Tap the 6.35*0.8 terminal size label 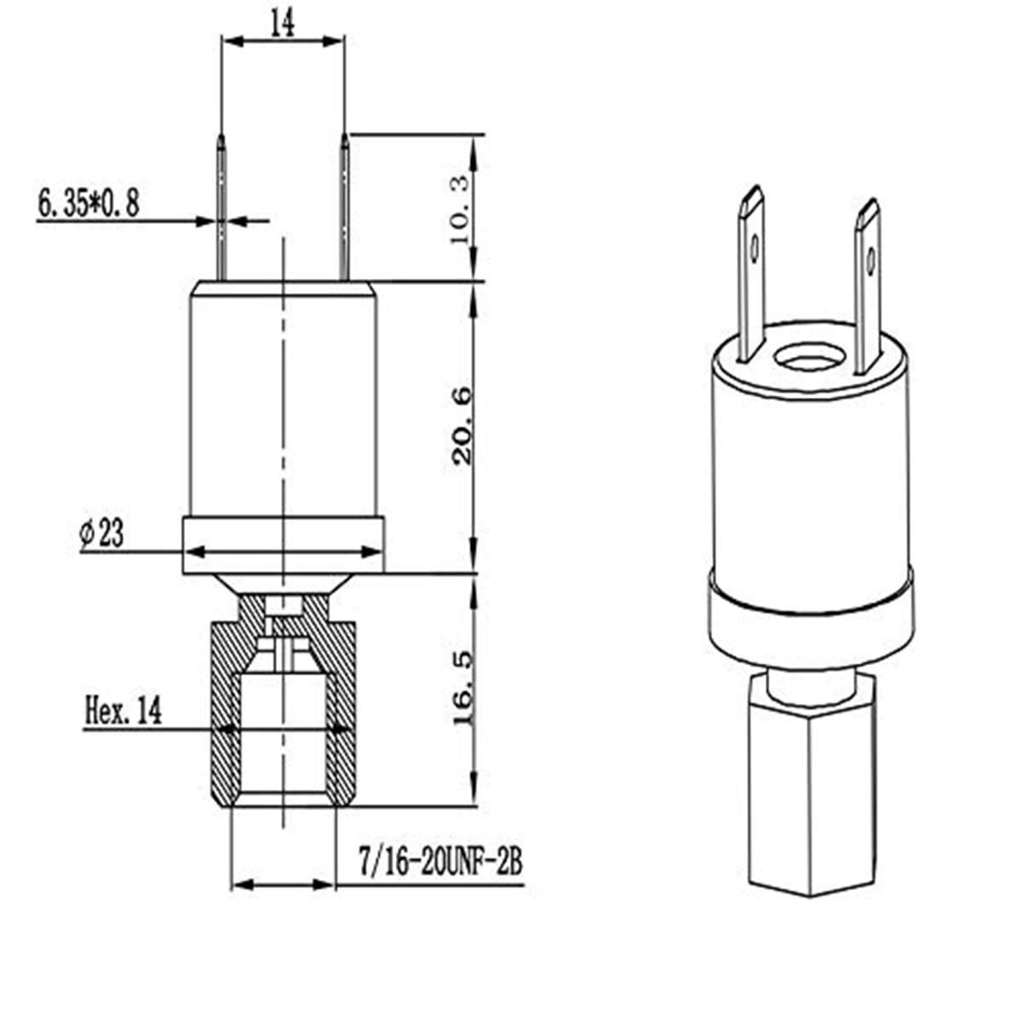[89, 204]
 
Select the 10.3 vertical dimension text [459, 210]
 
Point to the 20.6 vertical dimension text [462, 426]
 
